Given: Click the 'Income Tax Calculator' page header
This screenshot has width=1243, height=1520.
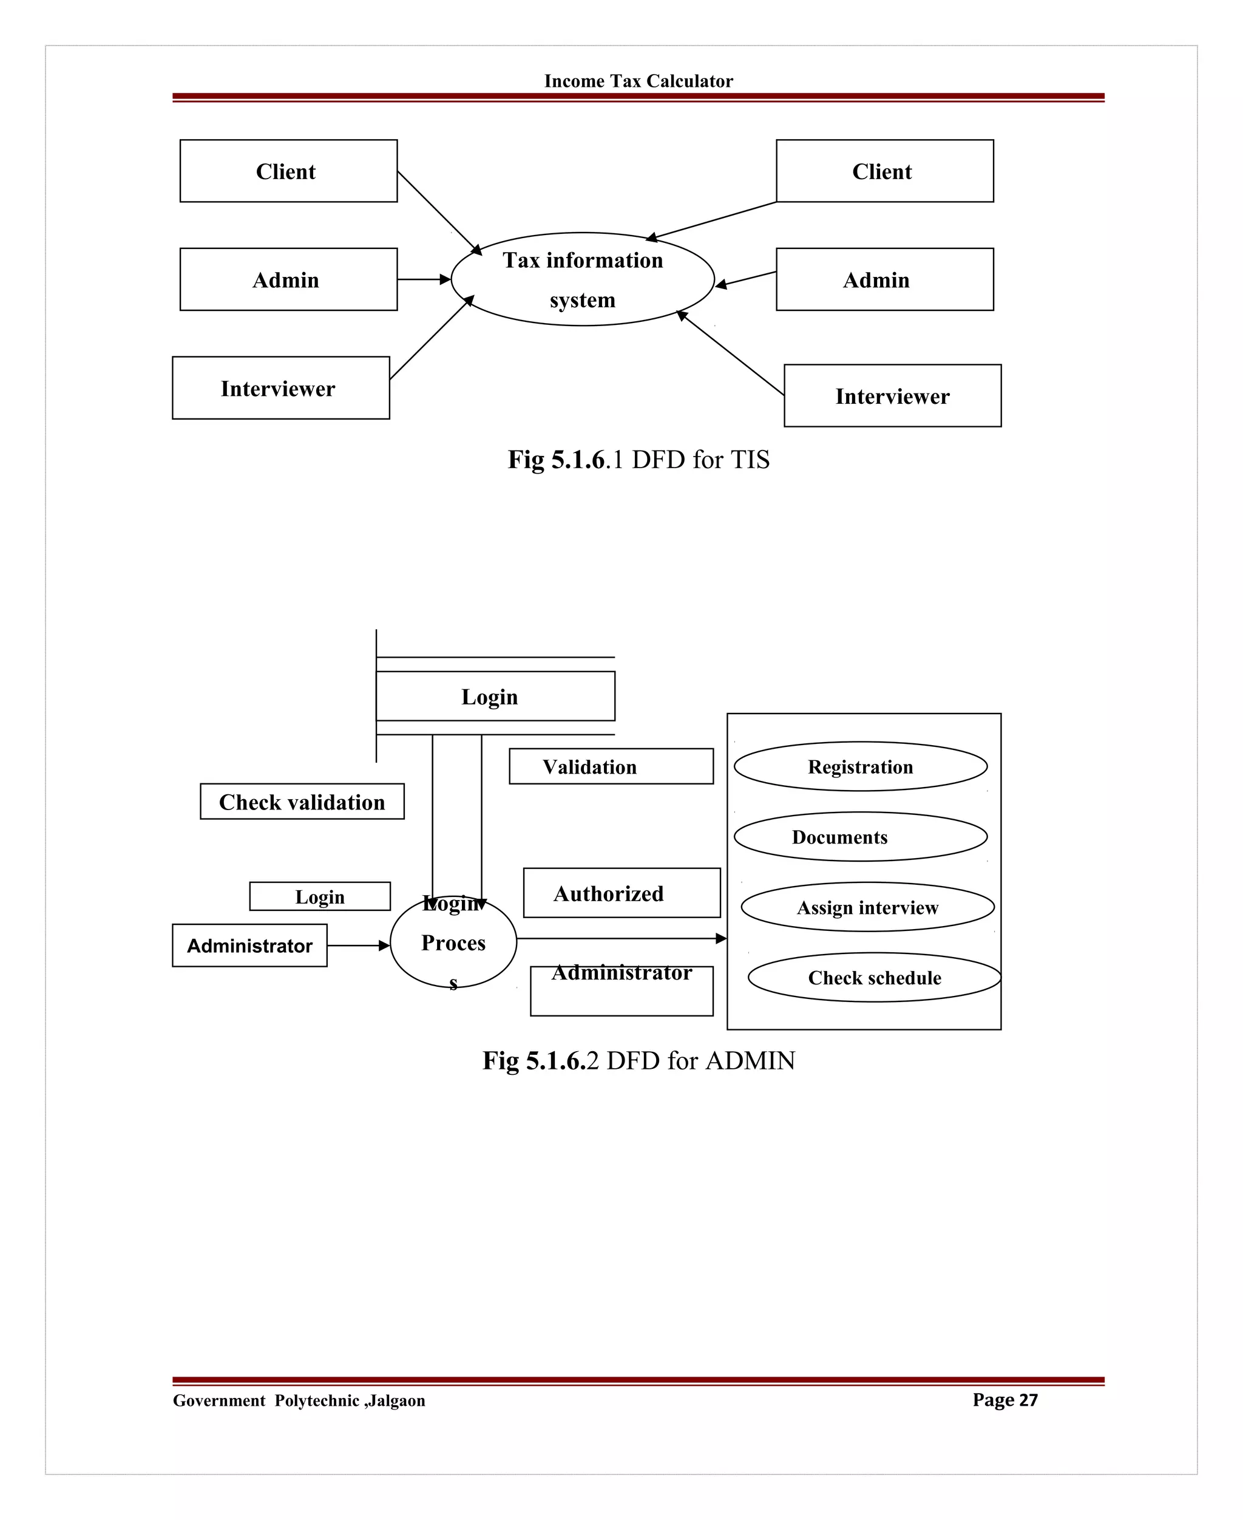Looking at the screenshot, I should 638,81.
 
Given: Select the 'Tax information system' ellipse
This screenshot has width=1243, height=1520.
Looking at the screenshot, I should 582,279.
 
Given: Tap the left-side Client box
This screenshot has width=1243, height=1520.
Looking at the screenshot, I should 288,171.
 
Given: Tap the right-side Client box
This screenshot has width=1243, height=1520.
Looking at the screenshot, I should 884,171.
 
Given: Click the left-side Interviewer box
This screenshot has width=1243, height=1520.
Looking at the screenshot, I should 280,388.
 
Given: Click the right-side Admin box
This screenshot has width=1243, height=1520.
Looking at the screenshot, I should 884,279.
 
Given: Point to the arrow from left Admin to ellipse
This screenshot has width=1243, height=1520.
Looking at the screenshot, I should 424,279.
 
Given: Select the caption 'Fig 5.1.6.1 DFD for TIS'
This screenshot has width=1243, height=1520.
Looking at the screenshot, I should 638,459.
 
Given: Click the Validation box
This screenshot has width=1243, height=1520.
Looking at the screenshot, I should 611,766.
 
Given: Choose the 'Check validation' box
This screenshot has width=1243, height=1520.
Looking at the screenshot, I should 302,802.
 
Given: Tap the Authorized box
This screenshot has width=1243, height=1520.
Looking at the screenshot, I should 621,893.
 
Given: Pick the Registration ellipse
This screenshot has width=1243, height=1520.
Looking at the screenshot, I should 860,766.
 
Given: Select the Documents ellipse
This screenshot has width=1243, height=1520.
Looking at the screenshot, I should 860,837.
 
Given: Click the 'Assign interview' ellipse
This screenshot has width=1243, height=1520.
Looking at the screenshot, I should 867,907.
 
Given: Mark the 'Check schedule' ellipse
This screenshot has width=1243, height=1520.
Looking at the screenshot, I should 874,977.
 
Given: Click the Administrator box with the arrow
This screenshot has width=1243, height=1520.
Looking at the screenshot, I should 249,946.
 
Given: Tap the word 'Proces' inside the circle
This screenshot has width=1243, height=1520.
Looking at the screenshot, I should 453,942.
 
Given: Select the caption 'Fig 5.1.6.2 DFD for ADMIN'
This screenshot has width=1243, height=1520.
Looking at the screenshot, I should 638,1060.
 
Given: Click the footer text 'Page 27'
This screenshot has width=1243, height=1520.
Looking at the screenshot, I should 1004,1400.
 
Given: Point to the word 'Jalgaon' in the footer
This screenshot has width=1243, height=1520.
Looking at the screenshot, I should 398,1400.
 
